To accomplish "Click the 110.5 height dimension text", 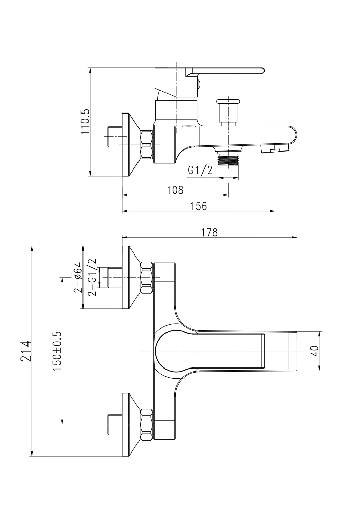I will (x=86, y=121).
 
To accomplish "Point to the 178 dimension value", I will (x=209, y=232).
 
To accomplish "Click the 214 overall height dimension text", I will (x=26, y=351).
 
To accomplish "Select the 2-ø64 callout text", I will (x=78, y=277).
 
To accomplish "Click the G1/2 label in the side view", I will (x=200, y=171).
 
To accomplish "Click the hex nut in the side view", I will (x=146, y=145).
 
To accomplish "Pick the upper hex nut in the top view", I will (x=146, y=278).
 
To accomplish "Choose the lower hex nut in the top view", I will (x=146, y=423).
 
